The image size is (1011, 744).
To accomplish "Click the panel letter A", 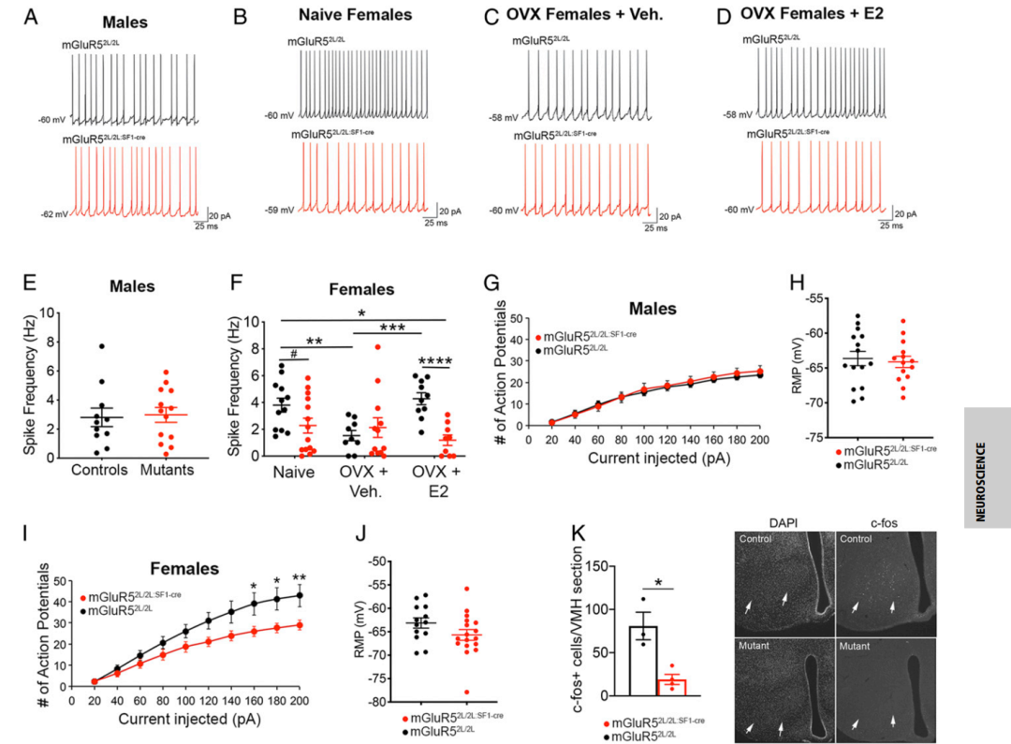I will point(31,18).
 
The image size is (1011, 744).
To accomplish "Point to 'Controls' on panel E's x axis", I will point(96,470).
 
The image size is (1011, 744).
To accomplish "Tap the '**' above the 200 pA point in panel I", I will point(300,577).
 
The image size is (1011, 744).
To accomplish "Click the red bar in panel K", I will point(671,687).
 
